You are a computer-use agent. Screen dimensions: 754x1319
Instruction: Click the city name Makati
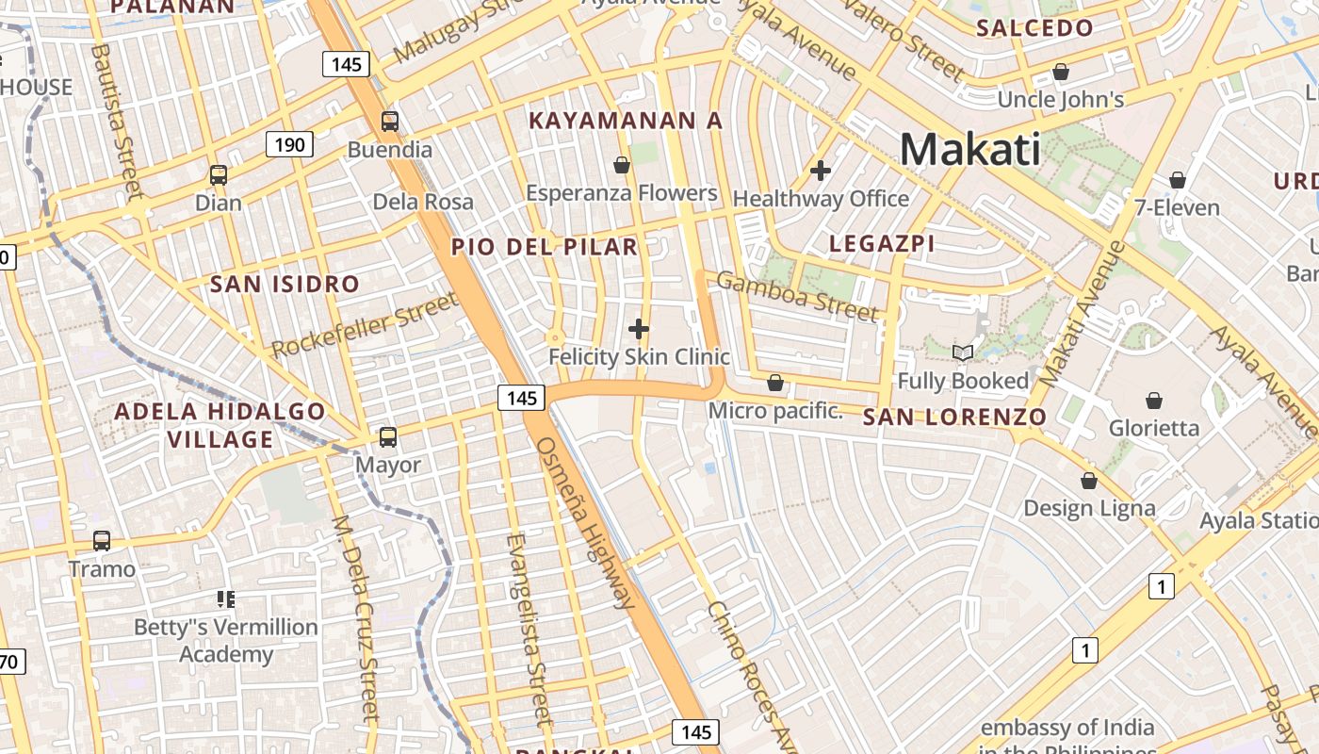(970, 149)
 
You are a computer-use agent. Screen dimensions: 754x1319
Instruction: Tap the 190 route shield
(289, 144)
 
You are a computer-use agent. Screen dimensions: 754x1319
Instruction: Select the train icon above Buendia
(389, 122)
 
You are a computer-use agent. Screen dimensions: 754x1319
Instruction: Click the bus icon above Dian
(219, 175)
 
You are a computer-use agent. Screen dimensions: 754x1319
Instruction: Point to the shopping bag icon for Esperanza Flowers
(622, 166)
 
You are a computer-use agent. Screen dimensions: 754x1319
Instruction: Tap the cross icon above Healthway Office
(821, 171)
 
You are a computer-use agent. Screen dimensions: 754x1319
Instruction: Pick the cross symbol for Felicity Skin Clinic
(639, 329)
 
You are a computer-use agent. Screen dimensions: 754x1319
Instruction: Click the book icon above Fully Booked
(963, 353)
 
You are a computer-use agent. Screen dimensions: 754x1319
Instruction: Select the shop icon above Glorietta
(1154, 401)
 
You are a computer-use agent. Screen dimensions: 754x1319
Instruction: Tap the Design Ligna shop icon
(1089, 481)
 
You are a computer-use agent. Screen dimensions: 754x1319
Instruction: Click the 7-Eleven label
(1178, 207)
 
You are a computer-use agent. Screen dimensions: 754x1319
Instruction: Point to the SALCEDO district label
(1034, 28)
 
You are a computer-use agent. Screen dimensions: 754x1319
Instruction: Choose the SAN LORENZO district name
(954, 417)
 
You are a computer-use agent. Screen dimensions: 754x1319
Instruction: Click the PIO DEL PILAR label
(545, 247)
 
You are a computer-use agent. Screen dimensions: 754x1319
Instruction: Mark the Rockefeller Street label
(365, 325)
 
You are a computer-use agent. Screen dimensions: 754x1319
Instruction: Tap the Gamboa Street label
(798, 295)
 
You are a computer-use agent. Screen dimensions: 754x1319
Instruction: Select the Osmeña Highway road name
(585, 522)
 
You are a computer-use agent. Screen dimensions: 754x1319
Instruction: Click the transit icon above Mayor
(388, 437)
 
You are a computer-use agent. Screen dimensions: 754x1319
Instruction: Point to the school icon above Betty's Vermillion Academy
(225, 598)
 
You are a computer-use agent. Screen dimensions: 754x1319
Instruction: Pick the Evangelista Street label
(527, 629)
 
